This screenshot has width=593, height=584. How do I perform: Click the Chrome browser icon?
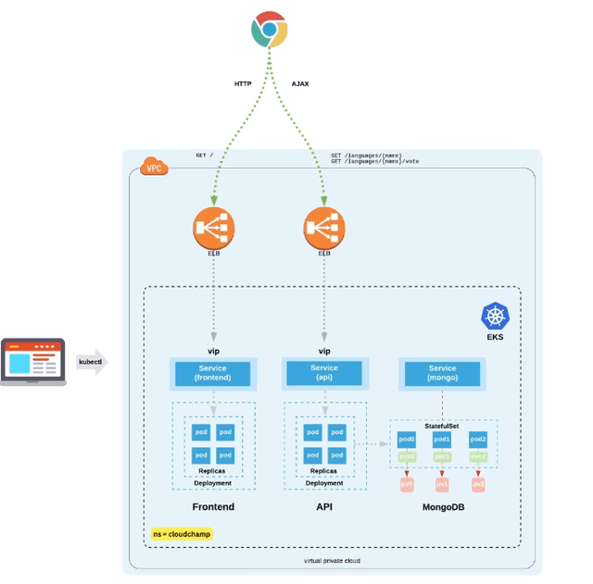pyautogui.click(x=269, y=30)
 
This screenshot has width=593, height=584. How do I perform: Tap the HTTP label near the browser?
pyautogui.click(x=243, y=83)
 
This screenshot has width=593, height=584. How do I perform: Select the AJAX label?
pyautogui.click(x=300, y=83)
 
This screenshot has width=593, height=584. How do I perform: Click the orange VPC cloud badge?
pyautogui.click(x=154, y=167)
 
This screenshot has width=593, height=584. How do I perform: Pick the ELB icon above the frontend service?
pyautogui.click(x=214, y=227)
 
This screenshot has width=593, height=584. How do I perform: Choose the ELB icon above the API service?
pyautogui.click(x=324, y=227)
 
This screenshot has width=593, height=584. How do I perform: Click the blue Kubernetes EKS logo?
pyautogui.click(x=496, y=317)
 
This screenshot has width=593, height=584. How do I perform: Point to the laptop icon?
pyautogui.click(x=33, y=361)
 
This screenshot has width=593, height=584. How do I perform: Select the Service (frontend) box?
pyautogui.click(x=213, y=373)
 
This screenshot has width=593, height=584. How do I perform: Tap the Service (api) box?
pyautogui.click(x=324, y=373)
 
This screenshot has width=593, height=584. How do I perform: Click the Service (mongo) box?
pyautogui.click(x=442, y=373)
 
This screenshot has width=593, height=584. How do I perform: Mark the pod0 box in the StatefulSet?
pyautogui.click(x=407, y=440)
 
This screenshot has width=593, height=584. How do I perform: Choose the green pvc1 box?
pyautogui.click(x=442, y=456)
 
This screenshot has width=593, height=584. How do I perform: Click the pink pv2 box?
pyautogui.click(x=478, y=484)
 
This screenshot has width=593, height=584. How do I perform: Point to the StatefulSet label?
pyautogui.click(x=442, y=425)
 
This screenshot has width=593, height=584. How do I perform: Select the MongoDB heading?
pyautogui.click(x=442, y=507)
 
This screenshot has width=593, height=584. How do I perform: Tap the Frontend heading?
pyautogui.click(x=213, y=507)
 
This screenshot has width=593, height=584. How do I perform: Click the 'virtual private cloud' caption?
pyautogui.click(x=331, y=561)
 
